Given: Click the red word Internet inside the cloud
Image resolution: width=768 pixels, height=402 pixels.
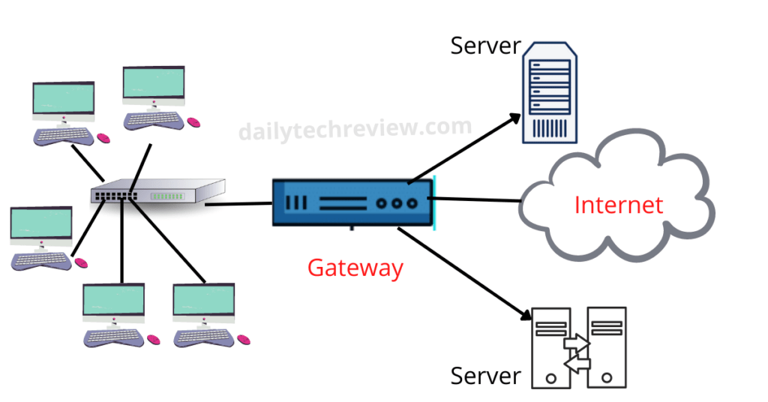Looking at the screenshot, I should pyautogui.click(x=619, y=205).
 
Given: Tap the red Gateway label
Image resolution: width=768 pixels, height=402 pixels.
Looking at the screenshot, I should pyautogui.click(x=355, y=268).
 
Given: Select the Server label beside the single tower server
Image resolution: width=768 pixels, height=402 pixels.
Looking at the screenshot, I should pyautogui.click(x=485, y=45).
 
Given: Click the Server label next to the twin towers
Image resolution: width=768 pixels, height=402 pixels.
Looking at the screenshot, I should pyautogui.click(x=485, y=375).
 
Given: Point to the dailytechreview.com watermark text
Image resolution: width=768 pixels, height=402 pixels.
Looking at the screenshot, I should pyautogui.click(x=355, y=128).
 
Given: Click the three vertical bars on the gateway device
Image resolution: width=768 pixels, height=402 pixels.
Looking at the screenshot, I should pyautogui.click(x=297, y=202).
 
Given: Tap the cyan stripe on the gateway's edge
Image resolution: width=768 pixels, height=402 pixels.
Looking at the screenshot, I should pyautogui.click(x=433, y=202).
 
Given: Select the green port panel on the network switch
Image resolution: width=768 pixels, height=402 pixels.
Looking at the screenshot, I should pyautogui.click(x=167, y=196).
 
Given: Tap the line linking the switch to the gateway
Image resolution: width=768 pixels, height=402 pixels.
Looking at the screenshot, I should pyautogui.click(x=238, y=203).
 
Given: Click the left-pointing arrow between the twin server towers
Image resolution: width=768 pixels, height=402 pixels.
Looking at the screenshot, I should pyautogui.click(x=577, y=364).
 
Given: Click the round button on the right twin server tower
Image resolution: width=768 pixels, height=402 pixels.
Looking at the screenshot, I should pyautogui.click(x=607, y=379).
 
